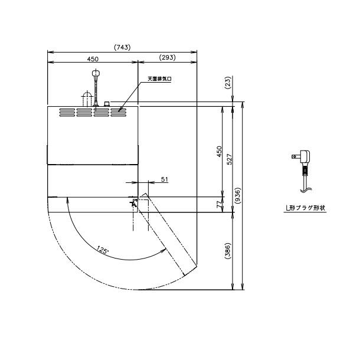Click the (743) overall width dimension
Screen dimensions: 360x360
coord(122,47)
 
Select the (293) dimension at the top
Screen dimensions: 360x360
coord(168,57)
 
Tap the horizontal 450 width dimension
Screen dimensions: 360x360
coord(93,59)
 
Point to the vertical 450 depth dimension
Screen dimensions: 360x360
coord(220,151)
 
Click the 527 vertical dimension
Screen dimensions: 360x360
coord(230,159)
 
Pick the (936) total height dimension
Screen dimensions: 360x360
coord(238,195)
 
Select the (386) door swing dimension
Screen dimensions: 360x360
coord(228,251)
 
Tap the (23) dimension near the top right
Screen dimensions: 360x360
coord(228,83)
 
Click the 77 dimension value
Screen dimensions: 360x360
coord(220,204)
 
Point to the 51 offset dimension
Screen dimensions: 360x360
coord(165,179)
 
